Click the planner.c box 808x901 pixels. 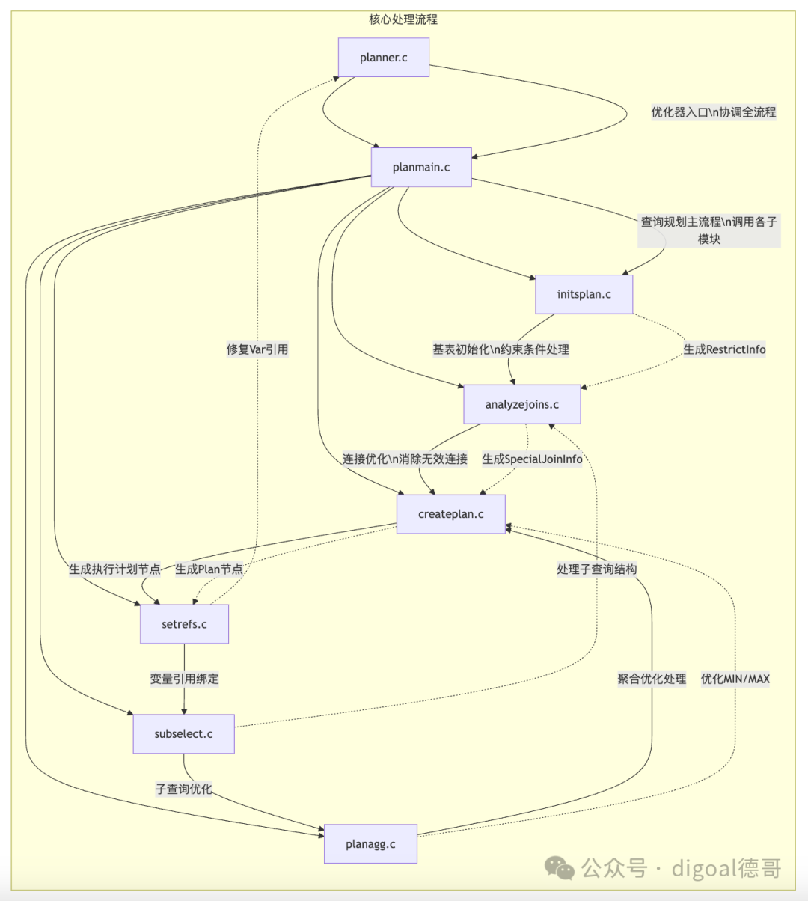coord(383,58)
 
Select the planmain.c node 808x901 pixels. coord(421,167)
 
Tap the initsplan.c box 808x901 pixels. coord(584,294)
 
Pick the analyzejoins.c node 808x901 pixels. coord(522,404)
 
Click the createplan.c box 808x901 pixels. coord(451,514)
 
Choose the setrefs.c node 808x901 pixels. coord(185,624)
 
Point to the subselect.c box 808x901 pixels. coord(183,734)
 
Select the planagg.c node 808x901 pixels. coord(370,843)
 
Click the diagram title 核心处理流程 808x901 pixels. coord(403,19)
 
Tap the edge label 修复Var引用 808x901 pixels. coord(257,349)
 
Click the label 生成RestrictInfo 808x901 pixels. coord(724,349)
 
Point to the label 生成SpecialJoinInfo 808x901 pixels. coord(532,459)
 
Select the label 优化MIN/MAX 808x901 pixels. coord(735,679)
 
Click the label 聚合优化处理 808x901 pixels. coord(652,679)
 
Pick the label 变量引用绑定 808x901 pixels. coord(185,679)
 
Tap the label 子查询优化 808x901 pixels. coord(183,789)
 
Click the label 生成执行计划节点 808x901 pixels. coord(114,569)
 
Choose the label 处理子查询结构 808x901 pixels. coord(597,569)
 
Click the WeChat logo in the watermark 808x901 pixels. coord(560,868)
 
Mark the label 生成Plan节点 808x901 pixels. coord(209,569)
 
